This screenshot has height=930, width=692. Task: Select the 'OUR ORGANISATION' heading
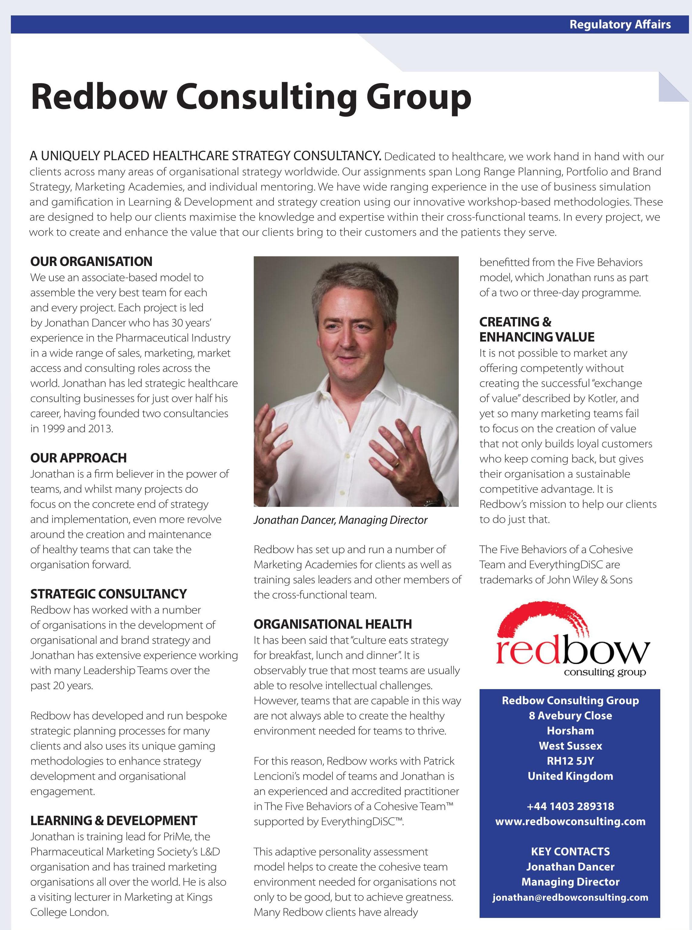91,261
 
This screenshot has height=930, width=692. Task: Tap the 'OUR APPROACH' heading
78,458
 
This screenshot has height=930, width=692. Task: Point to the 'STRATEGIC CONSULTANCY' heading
108,594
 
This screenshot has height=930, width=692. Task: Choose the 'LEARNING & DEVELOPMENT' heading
114,821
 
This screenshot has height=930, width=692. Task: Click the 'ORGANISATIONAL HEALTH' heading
333,624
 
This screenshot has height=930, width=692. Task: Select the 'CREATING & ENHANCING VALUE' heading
537,329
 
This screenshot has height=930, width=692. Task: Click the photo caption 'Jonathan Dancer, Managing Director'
340,520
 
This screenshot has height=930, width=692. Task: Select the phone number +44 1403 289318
570,806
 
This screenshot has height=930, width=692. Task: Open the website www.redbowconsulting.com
570,821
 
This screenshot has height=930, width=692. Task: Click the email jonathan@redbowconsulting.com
570,897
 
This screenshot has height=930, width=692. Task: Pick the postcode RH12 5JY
570,761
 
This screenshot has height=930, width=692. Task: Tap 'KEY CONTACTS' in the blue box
570,851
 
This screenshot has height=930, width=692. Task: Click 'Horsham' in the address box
570,731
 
